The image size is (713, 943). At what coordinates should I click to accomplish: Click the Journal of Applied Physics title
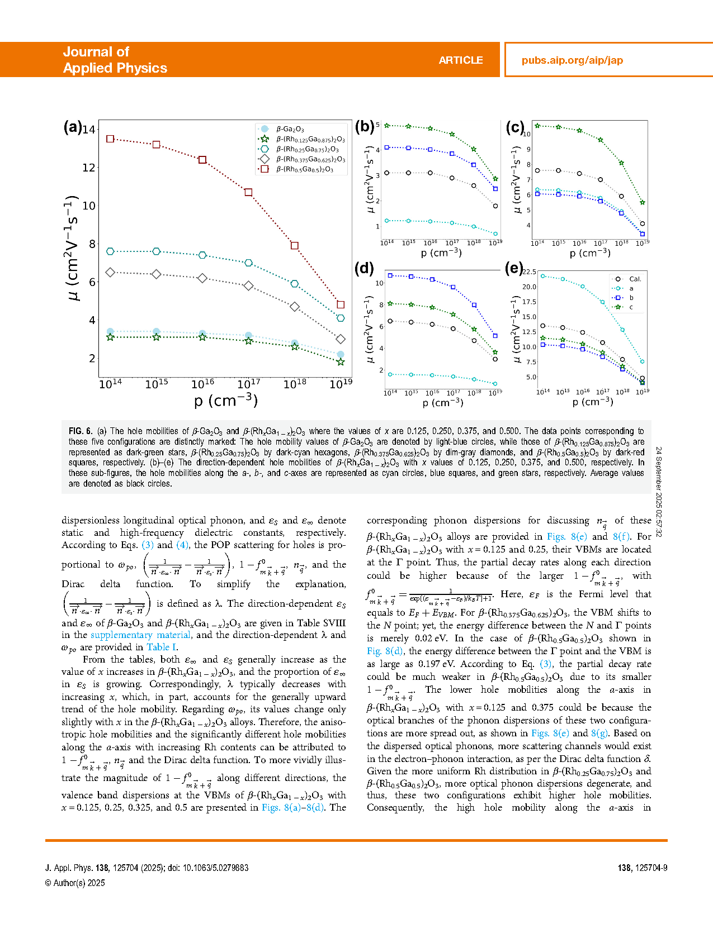115,60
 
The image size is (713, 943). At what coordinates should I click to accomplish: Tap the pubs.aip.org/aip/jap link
572,60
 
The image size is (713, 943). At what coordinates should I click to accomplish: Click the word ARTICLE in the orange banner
460,60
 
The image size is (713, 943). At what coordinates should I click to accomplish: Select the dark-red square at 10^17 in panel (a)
248,192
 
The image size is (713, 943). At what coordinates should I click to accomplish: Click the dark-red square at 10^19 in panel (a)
341,304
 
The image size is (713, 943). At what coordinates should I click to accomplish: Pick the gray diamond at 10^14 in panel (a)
110,272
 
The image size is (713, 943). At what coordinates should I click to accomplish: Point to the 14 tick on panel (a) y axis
89,130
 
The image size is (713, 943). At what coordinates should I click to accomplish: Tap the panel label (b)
364,126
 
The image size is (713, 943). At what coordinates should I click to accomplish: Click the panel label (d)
364,268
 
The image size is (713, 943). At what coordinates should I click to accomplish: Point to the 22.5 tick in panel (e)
529,272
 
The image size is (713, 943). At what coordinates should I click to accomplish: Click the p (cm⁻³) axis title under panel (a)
225,401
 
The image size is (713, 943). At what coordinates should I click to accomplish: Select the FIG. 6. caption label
81,431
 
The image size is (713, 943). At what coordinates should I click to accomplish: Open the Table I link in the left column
161,647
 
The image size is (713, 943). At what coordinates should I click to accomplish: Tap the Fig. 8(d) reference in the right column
385,651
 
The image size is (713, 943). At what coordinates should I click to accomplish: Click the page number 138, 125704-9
642,868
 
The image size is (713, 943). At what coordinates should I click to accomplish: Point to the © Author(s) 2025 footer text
75,883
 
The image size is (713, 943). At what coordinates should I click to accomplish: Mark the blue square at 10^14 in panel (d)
390,275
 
